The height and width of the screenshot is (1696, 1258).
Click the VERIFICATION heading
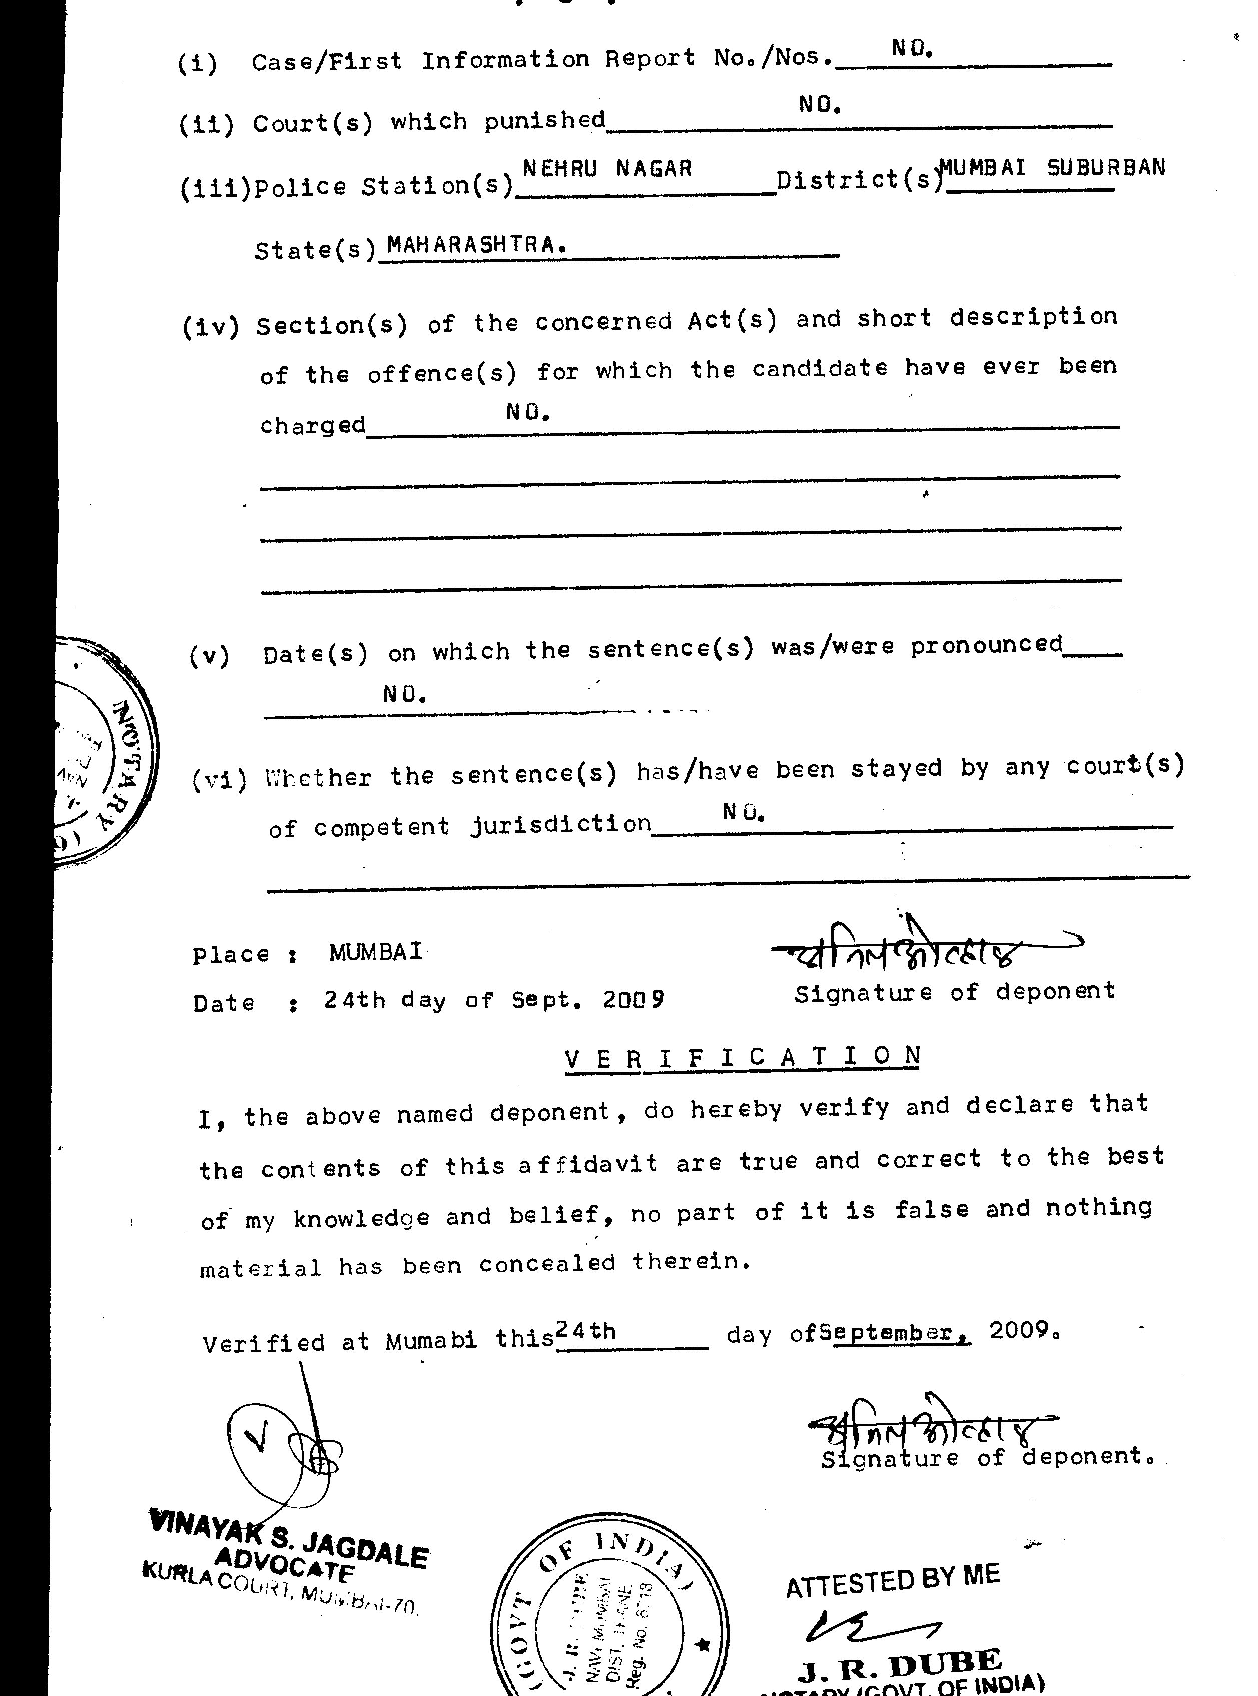pos(743,1056)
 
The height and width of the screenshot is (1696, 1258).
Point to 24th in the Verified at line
pos(585,1331)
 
